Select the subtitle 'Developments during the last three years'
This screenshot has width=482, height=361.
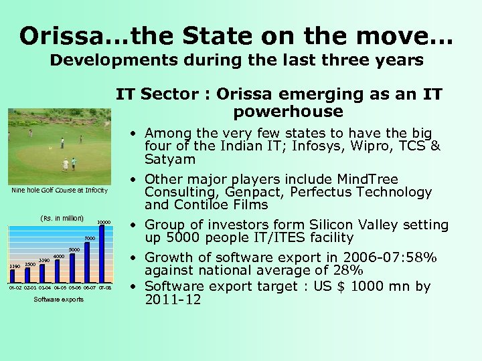point(237,60)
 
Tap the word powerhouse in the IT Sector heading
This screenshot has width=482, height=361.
point(288,111)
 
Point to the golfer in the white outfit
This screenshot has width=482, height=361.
point(66,164)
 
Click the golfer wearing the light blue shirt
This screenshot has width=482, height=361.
point(74,162)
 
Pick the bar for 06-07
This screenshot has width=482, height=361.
point(88,261)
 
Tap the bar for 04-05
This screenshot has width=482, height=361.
point(58,270)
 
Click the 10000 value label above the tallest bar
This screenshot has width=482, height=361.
point(104,222)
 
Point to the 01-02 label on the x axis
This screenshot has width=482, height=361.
point(15,287)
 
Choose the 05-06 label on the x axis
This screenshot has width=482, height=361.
point(74,287)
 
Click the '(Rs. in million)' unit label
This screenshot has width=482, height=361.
point(62,218)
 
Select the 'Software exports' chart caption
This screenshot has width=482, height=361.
point(59,299)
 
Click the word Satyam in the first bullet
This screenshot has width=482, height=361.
point(170,159)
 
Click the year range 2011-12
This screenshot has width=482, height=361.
point(173,299)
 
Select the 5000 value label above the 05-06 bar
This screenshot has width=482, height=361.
point(74,250)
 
